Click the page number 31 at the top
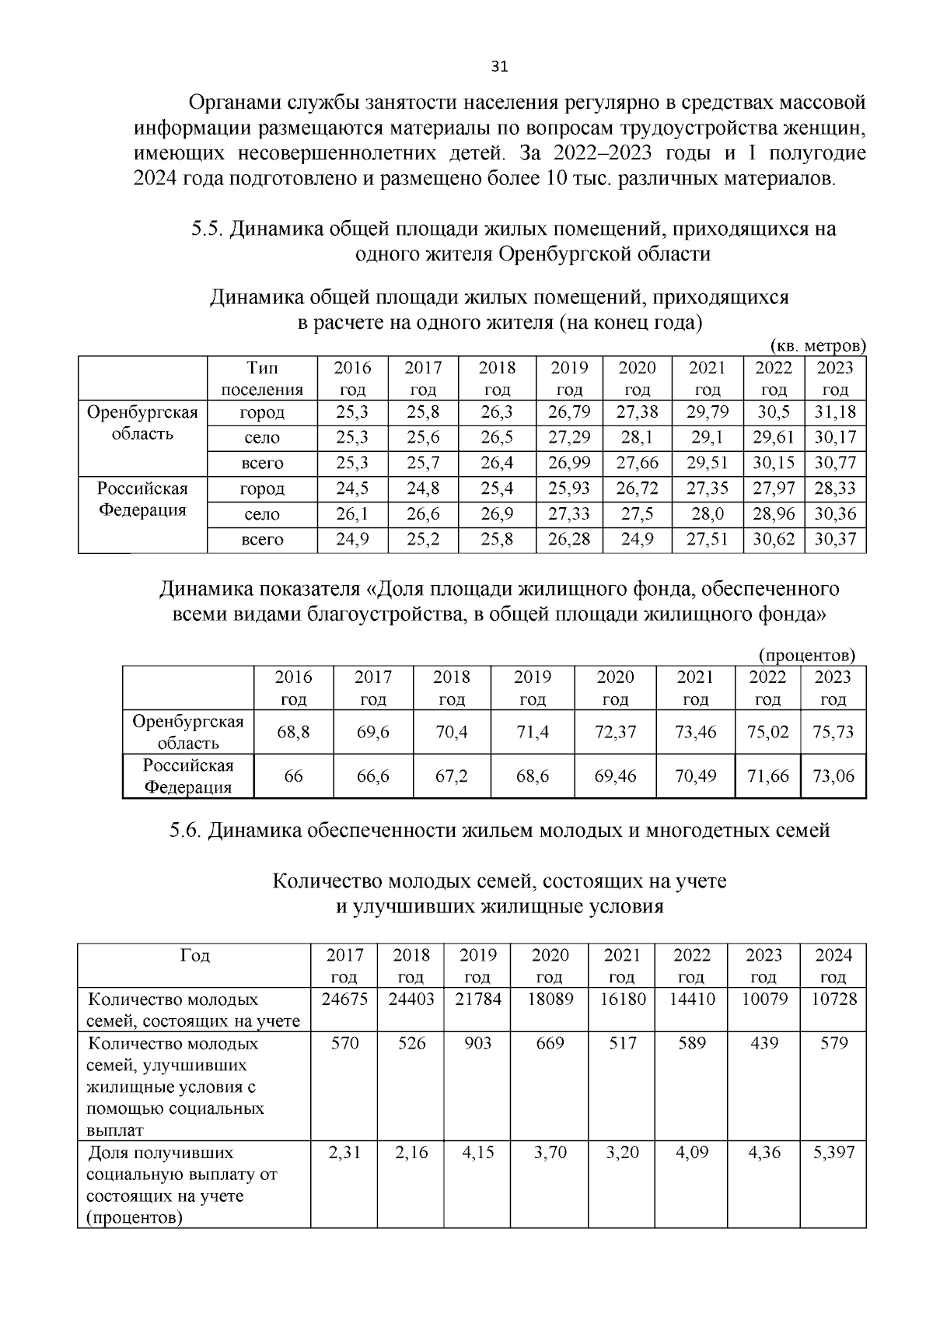click(x=499, y=66)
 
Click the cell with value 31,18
click(x=834, y=411)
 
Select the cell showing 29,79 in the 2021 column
click(x=707, y=411)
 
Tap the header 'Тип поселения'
click(x=262, y=378)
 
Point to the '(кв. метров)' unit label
click(x=818, y=345)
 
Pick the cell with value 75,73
click(x=833, y=731)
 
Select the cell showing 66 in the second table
click(x=293, y=776)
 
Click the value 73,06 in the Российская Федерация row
click(x=833, y=776)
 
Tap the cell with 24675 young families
click(x=344, y=999)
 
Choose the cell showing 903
click(x=477, y=1043)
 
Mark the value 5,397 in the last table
click(x=833, y=1152)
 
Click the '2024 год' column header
click(x=833, y=965)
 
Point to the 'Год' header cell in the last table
click(x=194, y=955)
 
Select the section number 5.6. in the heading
click(x=185, y=831)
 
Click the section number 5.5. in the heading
click(x=207, y=229)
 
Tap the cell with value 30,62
click(x=773, y=539)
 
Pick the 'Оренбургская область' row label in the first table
click(x=142, y=422)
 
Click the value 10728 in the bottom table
click(x=833, y=999)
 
